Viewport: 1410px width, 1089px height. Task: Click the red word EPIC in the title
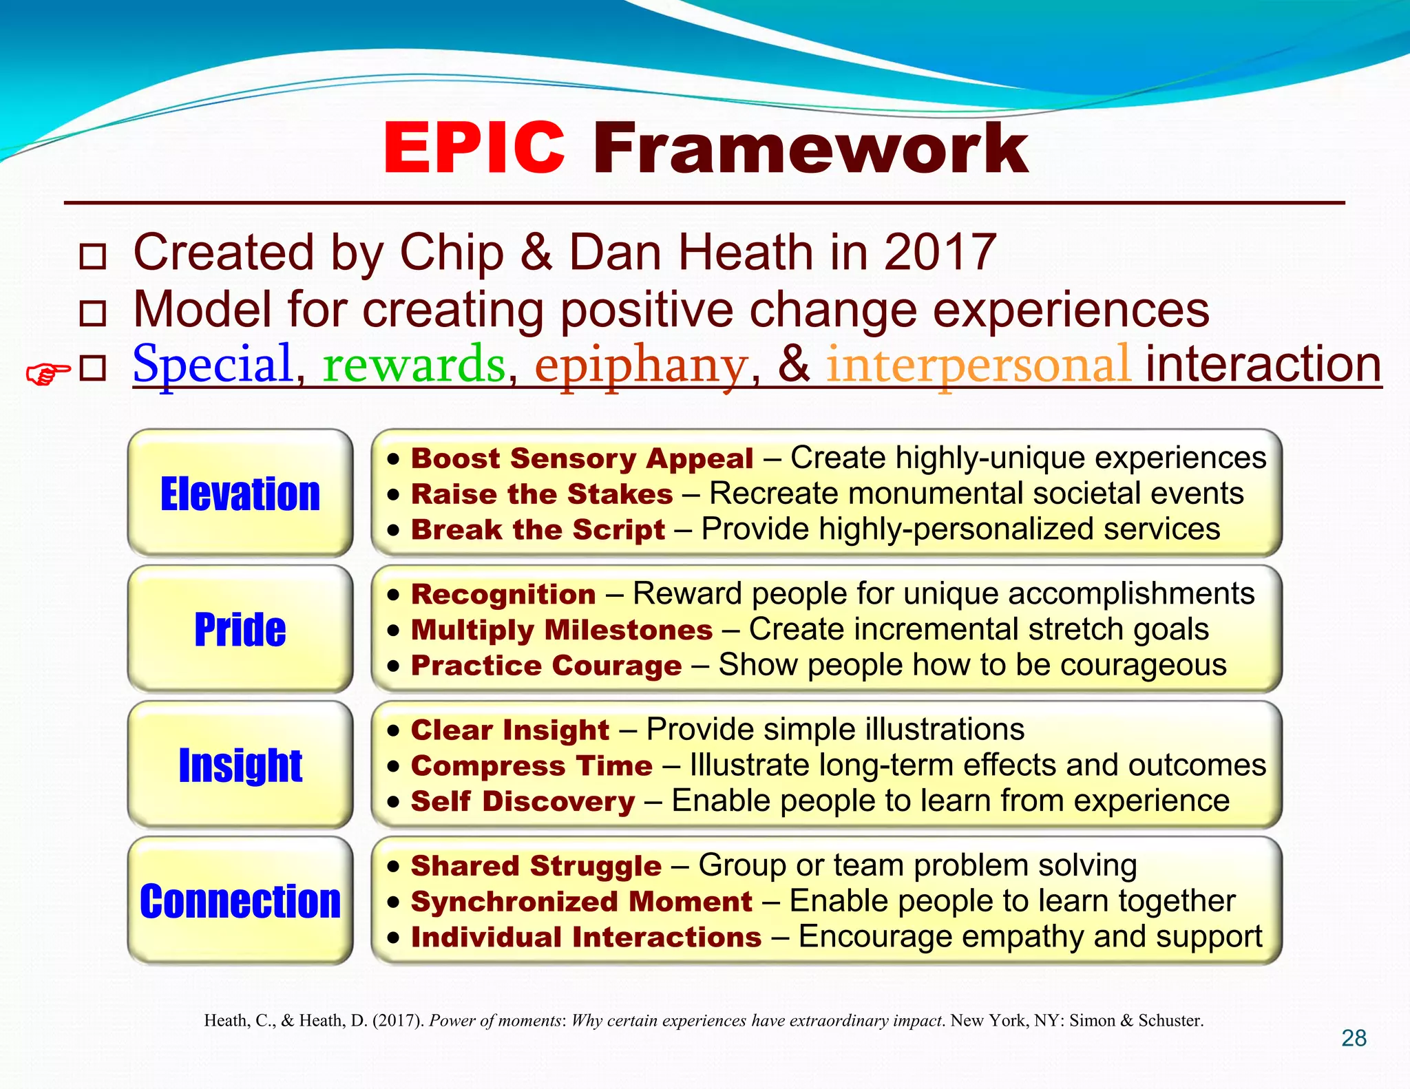coord(474,148)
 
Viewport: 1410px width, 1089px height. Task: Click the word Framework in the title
coord(810,148)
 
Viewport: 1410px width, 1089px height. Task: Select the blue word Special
coord(213,364)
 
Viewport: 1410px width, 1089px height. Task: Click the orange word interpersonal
coord(978,364)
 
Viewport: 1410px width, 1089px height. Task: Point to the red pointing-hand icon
coord(48,374)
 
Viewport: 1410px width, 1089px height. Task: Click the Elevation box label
coord(240,494)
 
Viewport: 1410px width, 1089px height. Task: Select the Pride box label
coord(240,629)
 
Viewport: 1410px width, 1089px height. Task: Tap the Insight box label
coord(240,765)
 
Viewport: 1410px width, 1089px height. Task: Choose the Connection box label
coord(240,901)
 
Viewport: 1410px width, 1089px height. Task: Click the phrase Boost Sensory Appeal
coord(582,458)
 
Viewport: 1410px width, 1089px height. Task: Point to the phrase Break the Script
coord(538,530)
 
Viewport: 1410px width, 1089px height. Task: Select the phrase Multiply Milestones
coord(561,631)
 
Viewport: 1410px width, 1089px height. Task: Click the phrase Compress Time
coord(532,766)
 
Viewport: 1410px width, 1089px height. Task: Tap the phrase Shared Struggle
coord(536,866)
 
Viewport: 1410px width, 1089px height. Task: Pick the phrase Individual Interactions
coord(586,938)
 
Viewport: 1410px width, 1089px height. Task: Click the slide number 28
coord(1354,1038)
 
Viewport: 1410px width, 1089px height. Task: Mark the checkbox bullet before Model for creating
coord(93,313)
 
